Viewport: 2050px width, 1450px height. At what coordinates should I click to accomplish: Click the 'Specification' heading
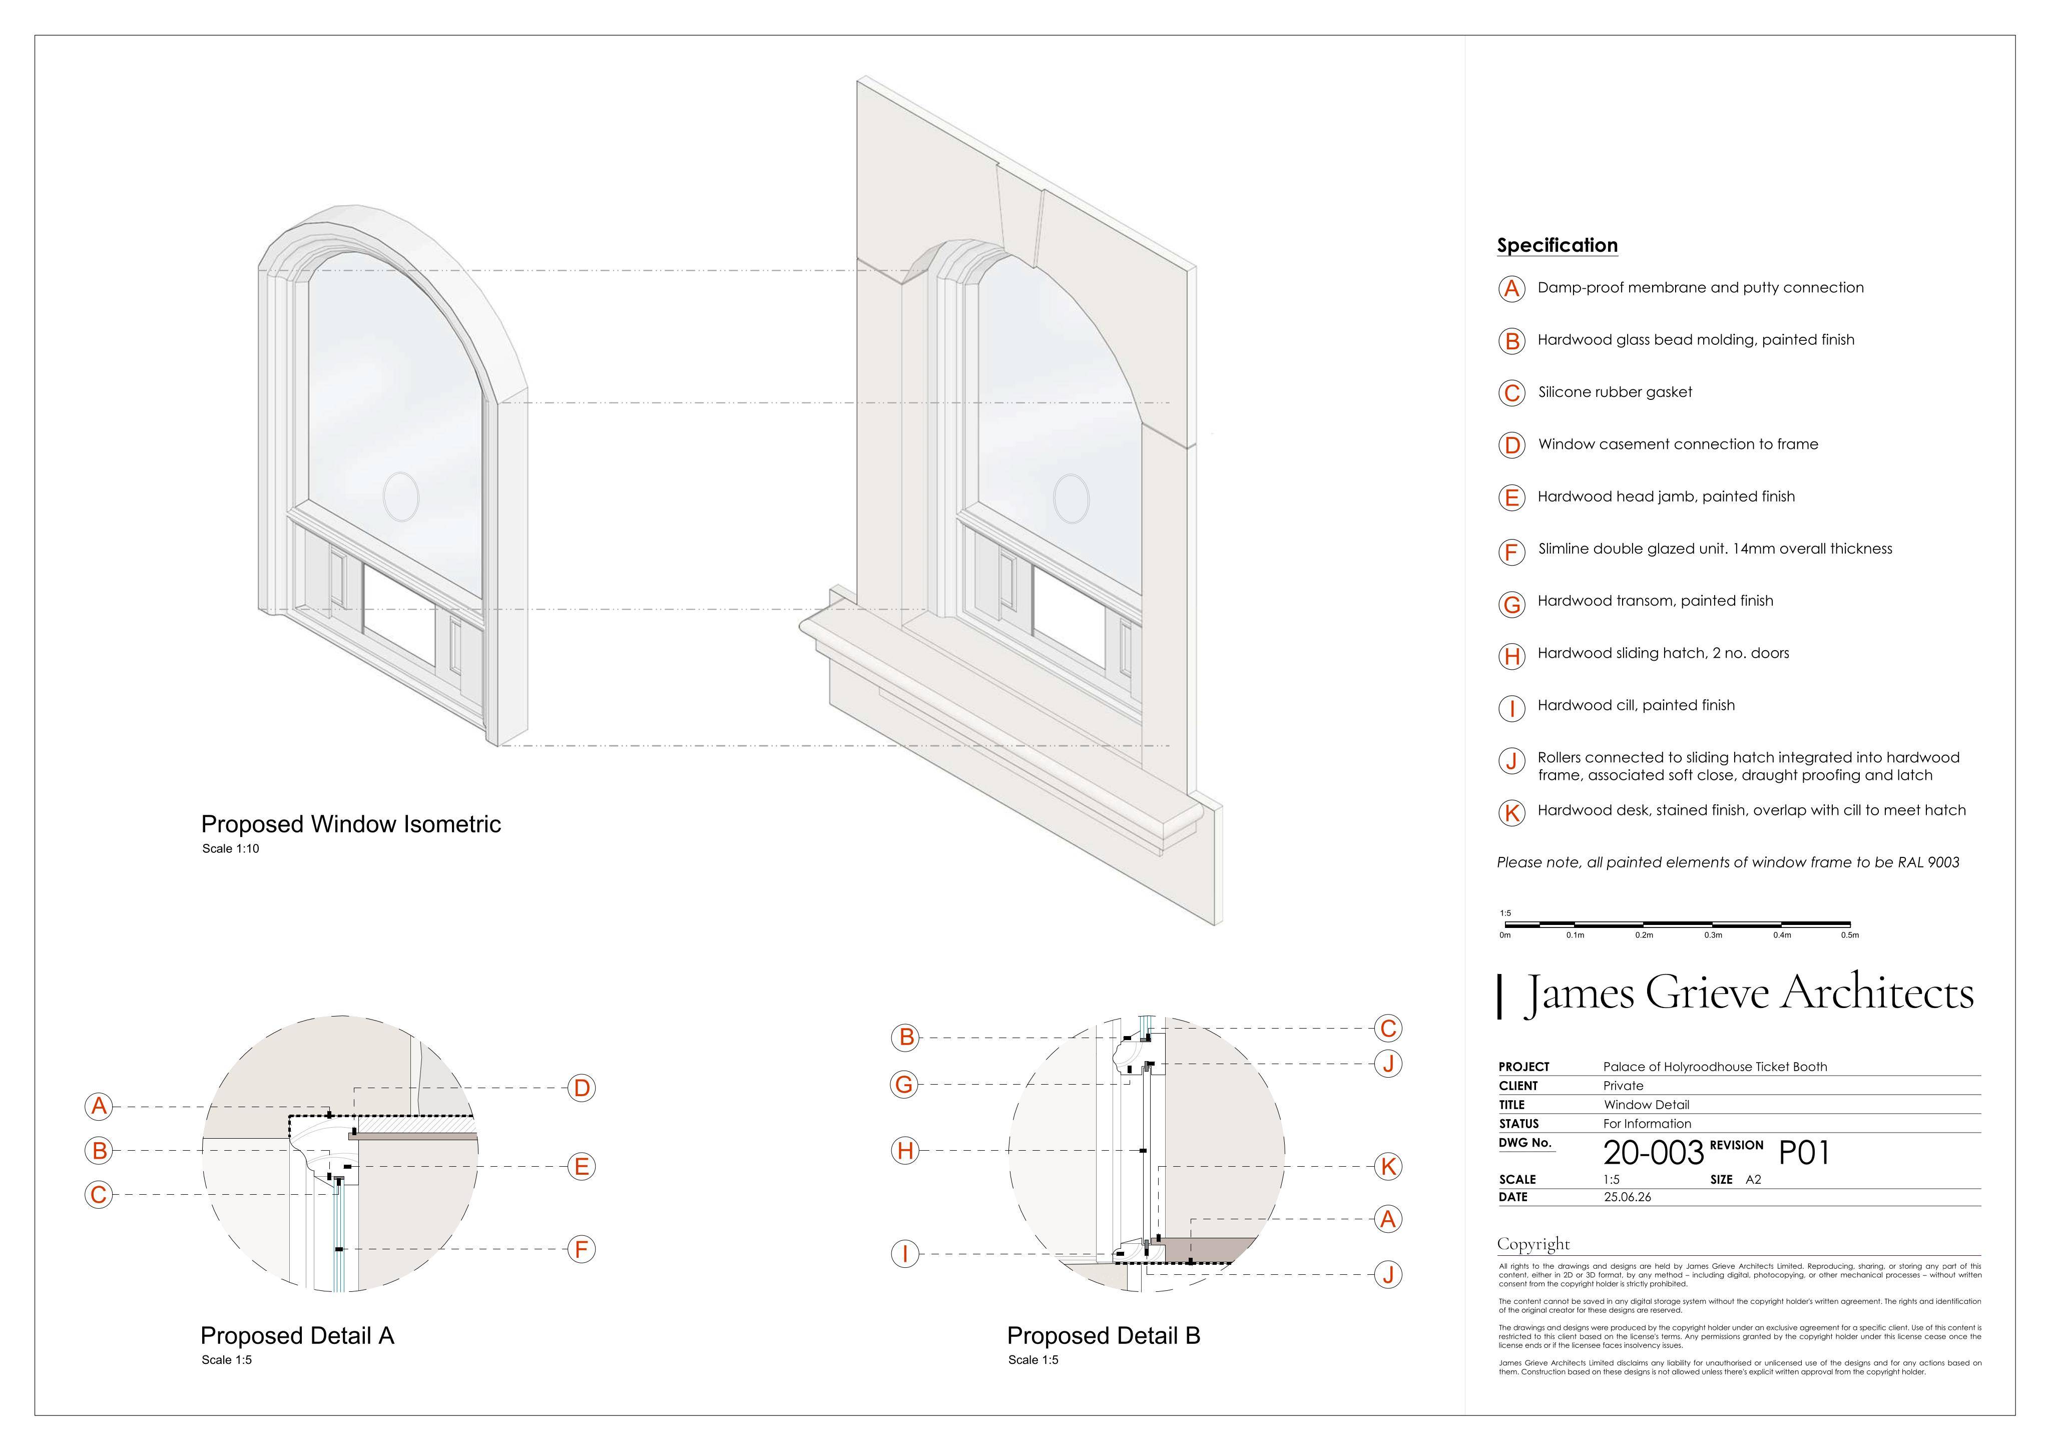(x=1557, y=246)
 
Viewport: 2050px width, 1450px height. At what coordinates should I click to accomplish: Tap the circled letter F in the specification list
(x=1510, y=552)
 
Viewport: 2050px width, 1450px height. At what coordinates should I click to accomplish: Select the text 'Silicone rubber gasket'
(x=1615, y=392)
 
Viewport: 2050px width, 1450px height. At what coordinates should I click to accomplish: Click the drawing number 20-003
(x=1654, y=1153)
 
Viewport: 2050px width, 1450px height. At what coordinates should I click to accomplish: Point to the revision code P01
(x=1804, y=1153)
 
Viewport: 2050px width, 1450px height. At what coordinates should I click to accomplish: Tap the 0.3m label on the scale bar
(x=1713, y=935)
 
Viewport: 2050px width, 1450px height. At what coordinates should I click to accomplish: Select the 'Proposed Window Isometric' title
(x=351, y=824)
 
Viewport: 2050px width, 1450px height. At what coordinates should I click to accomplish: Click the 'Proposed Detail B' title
(x=1104, y=1336)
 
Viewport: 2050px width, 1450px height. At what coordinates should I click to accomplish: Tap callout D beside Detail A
(x=581, y=1089)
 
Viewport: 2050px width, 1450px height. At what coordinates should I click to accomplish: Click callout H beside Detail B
(x=905, y=1151)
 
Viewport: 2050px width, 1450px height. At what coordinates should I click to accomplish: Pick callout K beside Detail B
(x=1387, y=1166)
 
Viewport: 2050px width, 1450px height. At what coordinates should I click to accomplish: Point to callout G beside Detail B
(x=904, y=1085)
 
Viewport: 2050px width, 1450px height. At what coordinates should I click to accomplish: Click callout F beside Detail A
(x=581, y=1249)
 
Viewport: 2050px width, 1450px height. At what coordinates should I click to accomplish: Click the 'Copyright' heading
(x=1533, y=1244)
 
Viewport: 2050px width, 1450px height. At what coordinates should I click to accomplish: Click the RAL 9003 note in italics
(x=1728, y=862)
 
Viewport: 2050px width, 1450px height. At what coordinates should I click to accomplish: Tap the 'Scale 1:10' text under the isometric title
(x=230, y=849)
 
